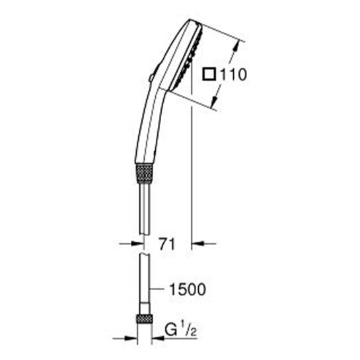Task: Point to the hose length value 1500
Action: coord(188,289)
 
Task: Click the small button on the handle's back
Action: coord(151,77)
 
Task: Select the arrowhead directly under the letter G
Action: coord(158,340)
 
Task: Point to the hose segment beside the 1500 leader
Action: coord(143,289)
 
